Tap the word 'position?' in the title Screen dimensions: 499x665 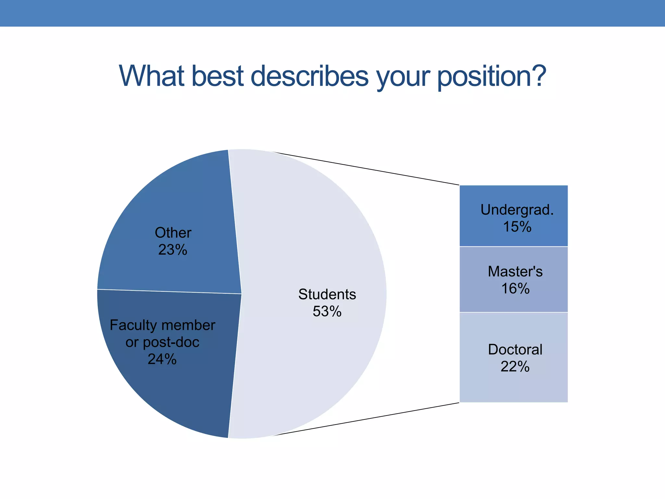point(492,76)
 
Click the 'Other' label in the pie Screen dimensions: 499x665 point(173,233)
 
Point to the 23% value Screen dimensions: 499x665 point(173,250)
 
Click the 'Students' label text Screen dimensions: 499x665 point(327,294)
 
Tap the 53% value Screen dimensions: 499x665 point(327,311)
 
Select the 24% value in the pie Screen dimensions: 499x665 point(162,359)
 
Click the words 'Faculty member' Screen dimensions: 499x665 point(162,325)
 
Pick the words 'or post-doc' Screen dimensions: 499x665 point(162,342)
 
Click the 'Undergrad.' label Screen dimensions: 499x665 point(517,210)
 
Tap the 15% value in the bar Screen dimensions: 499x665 point(517,227)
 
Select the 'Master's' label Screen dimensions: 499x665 point(515,271)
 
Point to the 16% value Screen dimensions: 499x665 point(515,288)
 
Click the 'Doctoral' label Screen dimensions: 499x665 point(515,350)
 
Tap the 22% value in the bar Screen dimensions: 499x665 point(515,367)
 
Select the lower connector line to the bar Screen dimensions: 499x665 point(367,419)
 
